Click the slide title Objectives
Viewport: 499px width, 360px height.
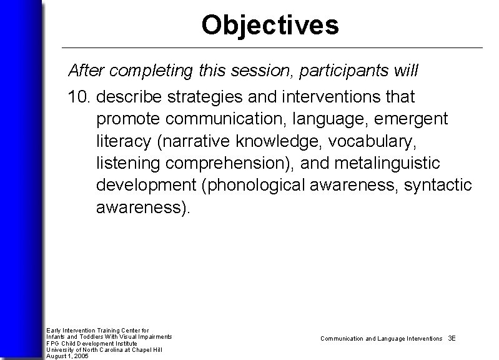pyautogui.click(x=270, y=25)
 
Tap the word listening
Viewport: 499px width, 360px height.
pyautogui.click(x=127, y=164)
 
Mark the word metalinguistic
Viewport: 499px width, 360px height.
pyautogui.click(x=387, y=164)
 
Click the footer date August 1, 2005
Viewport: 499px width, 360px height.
pyautogui.click(x=67, y=356)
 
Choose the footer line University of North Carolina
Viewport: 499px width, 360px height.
pyautogui.click(x=104, y=349)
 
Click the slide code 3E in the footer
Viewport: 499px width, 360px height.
pyautogui.click(x=452, y=338)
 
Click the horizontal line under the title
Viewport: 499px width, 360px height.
pyautogui.click(x=272, y=47)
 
